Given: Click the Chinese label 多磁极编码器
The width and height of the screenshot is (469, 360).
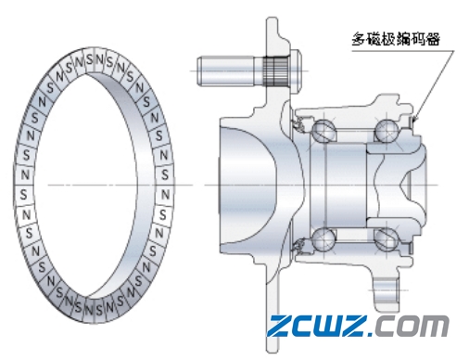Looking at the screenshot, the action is point(396,39).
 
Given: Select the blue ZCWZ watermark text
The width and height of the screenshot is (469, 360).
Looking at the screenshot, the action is point(318,326).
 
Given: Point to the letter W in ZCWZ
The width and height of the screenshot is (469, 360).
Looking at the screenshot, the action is point(328,326).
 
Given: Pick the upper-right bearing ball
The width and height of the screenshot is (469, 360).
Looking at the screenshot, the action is point(386,131).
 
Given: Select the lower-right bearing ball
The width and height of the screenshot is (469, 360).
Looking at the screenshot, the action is point(386,239).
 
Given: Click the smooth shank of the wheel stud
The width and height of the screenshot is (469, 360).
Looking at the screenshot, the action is point(225,71).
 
